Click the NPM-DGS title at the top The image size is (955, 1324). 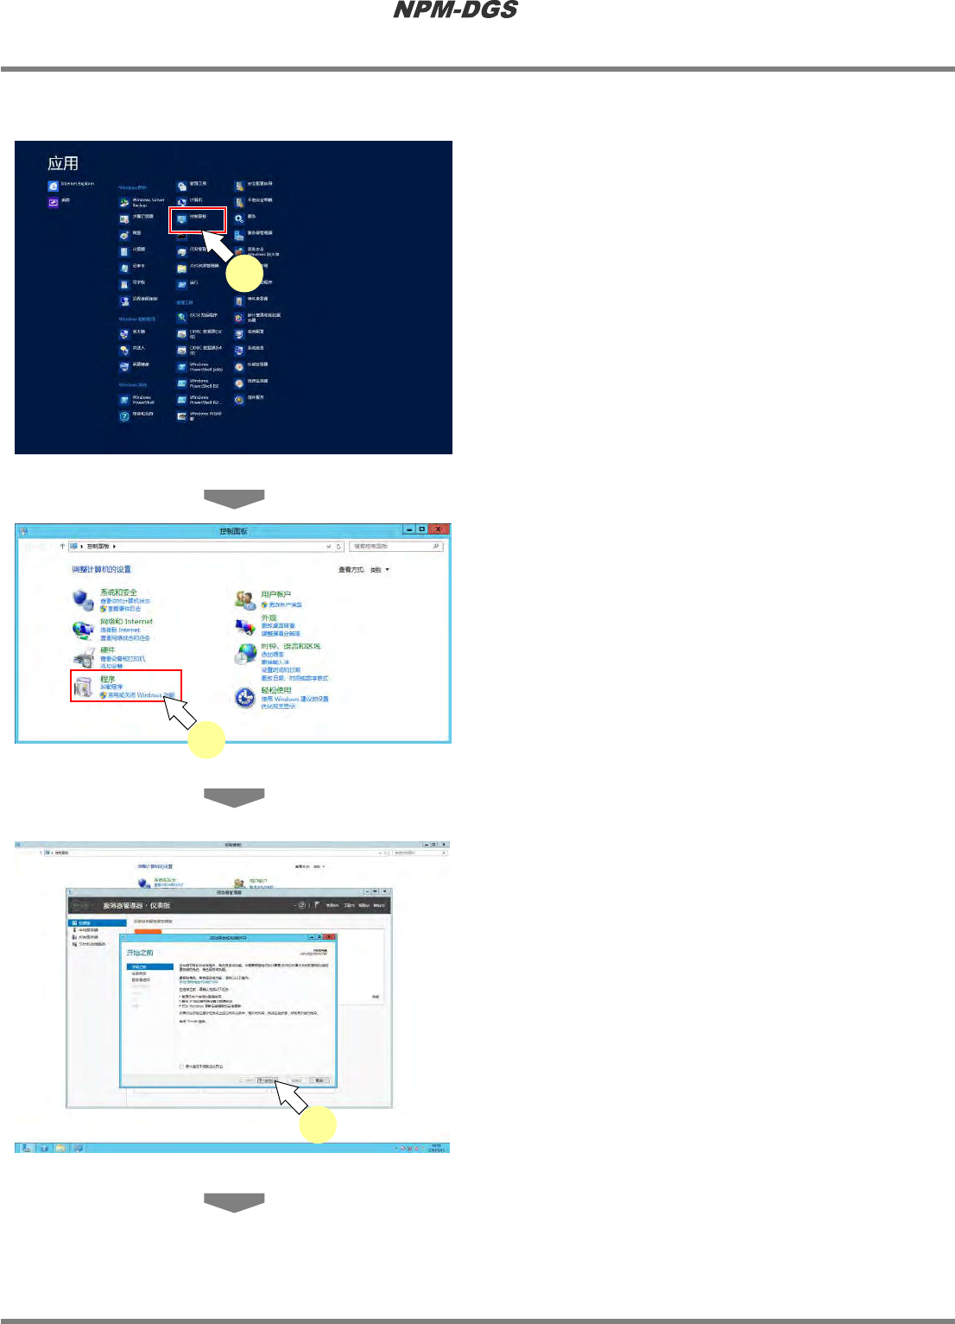coord(455,10)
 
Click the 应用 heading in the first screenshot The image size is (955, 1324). coord(63,163)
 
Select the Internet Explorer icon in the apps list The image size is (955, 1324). coord(54,186)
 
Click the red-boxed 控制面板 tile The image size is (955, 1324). coord(197,219)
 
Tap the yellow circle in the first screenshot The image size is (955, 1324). coord(244,275)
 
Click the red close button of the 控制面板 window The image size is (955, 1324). coord(439,529)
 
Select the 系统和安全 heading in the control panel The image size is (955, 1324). coord(118,592)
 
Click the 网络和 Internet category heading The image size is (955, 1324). coord(126,621)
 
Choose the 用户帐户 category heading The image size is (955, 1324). coord(276,594)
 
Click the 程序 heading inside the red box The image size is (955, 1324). coord(107,679)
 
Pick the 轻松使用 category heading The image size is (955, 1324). coord(276,690)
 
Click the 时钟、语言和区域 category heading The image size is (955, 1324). coord(291,646)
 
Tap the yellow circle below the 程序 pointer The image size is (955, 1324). coord(206,740)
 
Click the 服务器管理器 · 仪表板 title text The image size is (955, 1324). coord(136,905)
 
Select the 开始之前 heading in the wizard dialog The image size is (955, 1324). coord(140,953)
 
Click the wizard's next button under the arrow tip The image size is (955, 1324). coord(266,1080)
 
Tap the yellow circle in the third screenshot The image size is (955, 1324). coord(318,1124)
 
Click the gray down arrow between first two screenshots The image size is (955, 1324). coord(234,498)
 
